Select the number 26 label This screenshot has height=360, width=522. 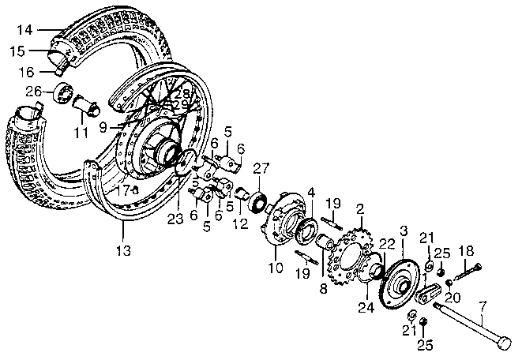click(34, 91)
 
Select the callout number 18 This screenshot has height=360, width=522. click(466, 251)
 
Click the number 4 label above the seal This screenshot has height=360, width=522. click(310, 191)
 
